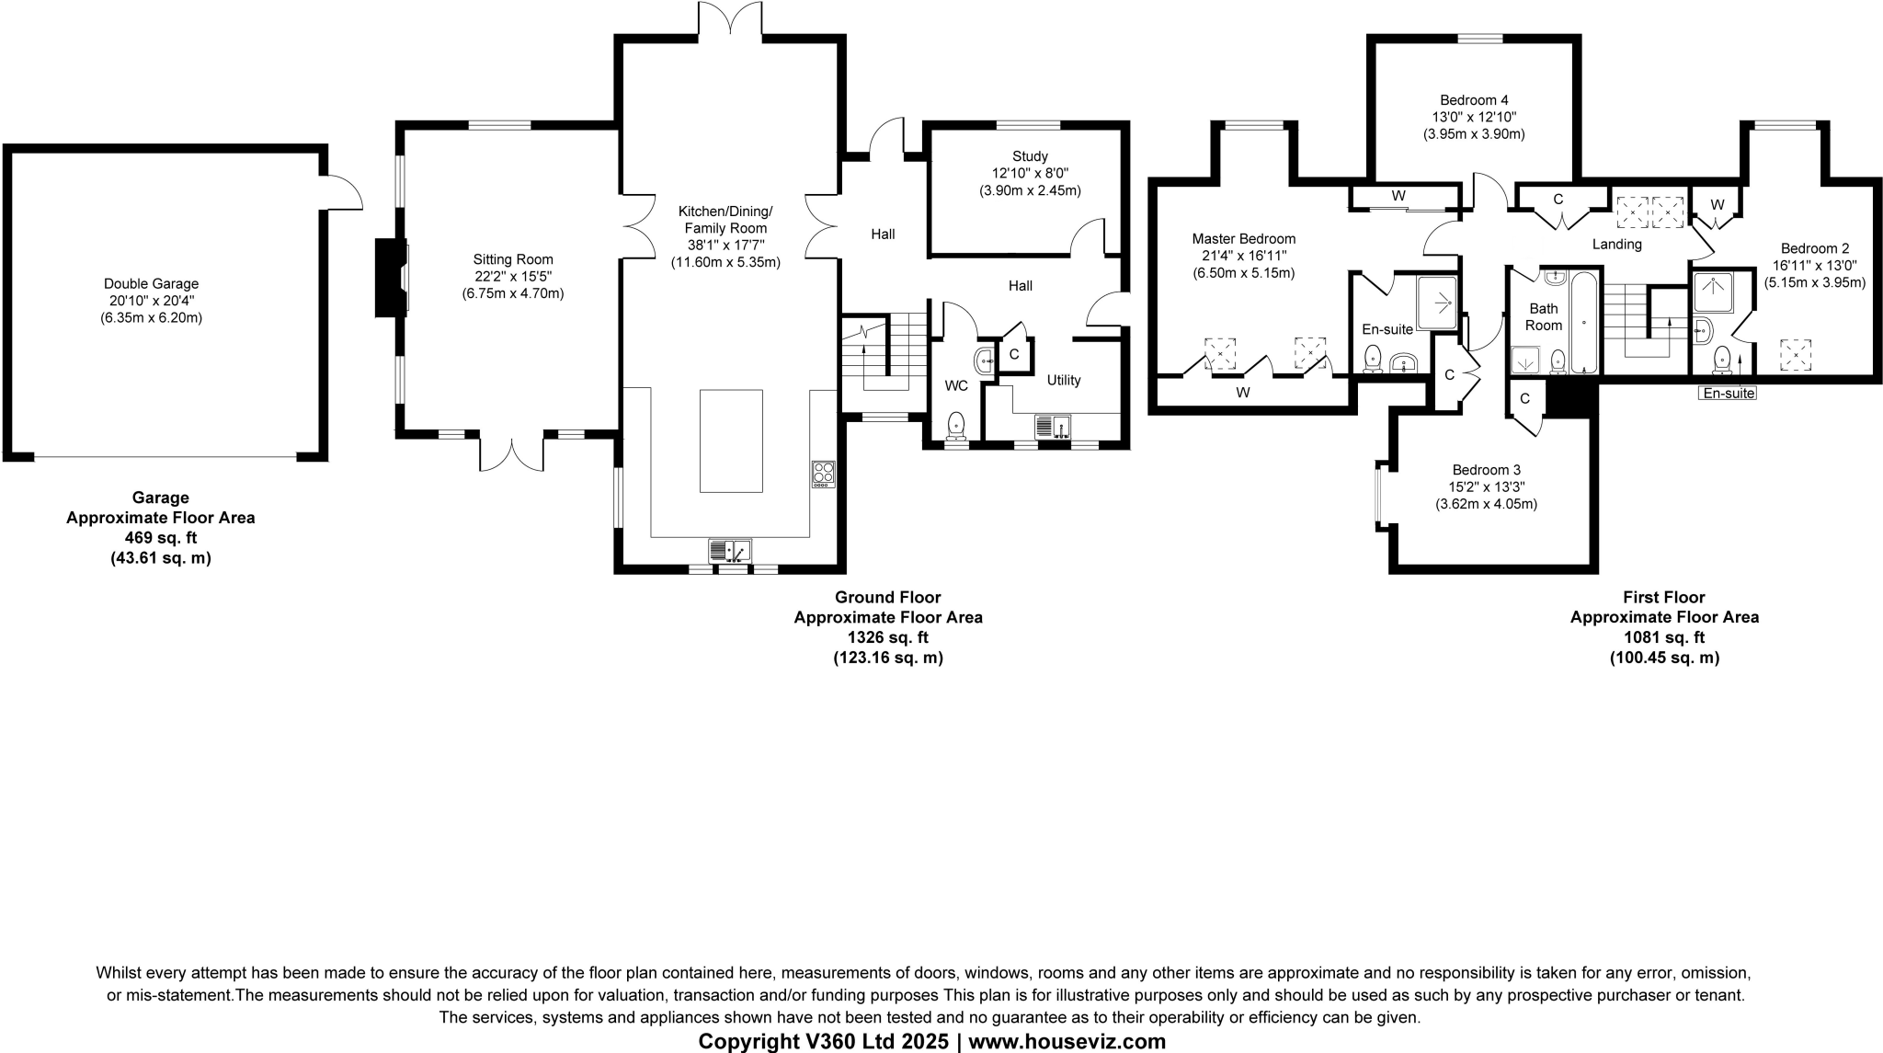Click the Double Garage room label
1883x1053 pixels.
pyautogui.click(x=151, y=284)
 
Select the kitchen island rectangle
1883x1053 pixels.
pyautogui.click(x=731, y=441)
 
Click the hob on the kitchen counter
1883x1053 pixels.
pyautogui.click(x=823, y=474)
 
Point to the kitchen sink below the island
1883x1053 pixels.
pyautogui.click(x=730, y=551)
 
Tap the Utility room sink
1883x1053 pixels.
pyautogui.click(x=1053, y=426)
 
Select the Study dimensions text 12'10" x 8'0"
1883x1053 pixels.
pyautogui.click(x=1030, y=174)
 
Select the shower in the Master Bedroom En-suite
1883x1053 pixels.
pyautogui.click(x=1436, y=303)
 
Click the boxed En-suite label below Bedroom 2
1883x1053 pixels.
pyautogui.click(x=1728, y=394)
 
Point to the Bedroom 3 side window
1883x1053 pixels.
pyautogui.click(x=1378, y=495)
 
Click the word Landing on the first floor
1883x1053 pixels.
pyautogui.click(x=1616, y=244)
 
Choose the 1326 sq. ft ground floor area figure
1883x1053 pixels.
pyautogui.click(x=887, y=637)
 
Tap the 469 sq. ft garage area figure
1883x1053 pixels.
pyautogui.click(x=160, y=538)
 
